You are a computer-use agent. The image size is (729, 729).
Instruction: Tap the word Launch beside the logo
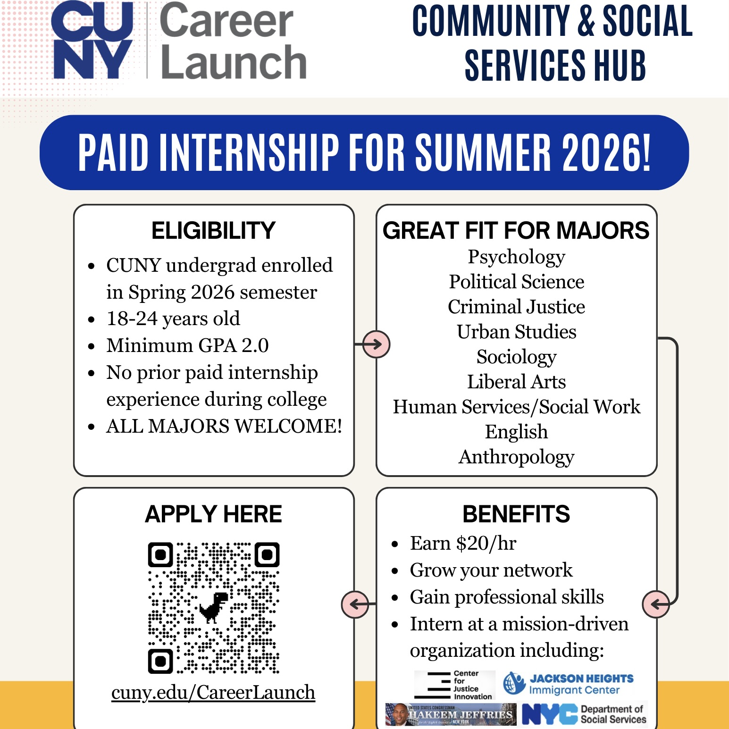[x=234, y=62]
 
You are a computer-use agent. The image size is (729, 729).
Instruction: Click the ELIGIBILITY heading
[x=213, y=230]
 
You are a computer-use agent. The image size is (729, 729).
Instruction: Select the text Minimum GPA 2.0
[x=187, y=345]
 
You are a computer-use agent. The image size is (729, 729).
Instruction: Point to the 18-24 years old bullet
[x=173, y=319]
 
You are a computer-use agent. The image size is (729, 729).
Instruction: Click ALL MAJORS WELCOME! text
[x=224, y=426]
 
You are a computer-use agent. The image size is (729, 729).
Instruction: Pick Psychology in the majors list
[x=516, y=258]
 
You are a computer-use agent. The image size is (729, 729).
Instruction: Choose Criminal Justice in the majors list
[x=516, y=307]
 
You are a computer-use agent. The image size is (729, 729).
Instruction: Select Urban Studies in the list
[x=516, y=332]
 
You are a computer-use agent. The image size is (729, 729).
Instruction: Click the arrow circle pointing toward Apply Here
[x=355, y=604]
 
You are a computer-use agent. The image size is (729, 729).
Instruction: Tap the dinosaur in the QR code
[x=214, y=607]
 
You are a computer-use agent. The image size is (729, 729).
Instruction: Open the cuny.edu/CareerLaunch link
[x=213, y=693]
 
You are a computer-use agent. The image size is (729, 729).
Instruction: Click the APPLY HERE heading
[x=213, y=514]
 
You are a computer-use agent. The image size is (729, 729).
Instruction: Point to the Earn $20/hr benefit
[x=463, y=544]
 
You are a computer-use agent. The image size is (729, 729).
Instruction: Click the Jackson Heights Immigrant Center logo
[x=568, y=684]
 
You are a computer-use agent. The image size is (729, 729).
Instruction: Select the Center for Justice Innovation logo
[x=454, y=685]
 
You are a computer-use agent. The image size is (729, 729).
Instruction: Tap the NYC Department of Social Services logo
[x=584, y=714]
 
